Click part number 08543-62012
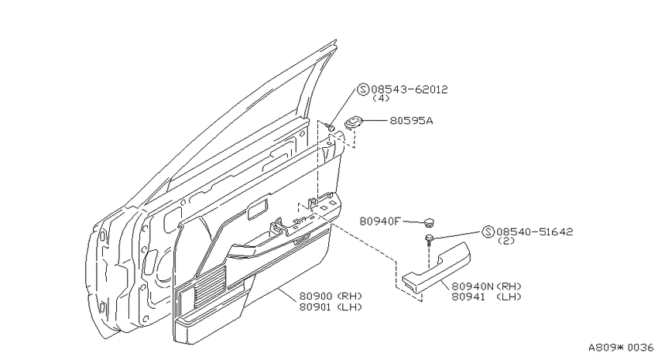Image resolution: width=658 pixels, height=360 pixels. pos(410,89)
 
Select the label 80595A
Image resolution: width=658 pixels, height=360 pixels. pos(411,121)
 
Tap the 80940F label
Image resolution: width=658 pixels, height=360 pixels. pos(380,221)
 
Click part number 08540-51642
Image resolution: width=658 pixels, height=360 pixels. pos(535,232)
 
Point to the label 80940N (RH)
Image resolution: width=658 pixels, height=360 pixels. pos(486,286)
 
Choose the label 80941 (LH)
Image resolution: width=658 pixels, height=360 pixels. pos(486,297)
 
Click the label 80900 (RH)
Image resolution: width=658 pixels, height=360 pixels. pos(331,297)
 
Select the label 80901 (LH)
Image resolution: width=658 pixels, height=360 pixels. pos(331,307)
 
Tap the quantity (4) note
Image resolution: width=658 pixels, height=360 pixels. pos(381,98)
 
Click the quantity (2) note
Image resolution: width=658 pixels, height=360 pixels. pos(506,241)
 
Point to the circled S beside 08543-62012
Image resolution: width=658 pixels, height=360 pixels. pos(363,89)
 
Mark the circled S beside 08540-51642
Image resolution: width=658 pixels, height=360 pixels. pos(488,232)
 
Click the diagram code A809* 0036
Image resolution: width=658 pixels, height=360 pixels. pos(621,348)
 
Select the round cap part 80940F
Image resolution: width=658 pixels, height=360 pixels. pos(428,222)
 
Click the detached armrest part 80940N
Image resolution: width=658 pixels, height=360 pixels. pos(437,267)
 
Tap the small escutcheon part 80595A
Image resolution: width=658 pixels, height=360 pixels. pos(353,122)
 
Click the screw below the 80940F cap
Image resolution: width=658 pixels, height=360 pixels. pos(429,238)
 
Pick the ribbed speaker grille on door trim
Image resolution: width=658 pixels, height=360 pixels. pos(210,286)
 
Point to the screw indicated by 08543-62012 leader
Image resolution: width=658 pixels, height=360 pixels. pos(331,127)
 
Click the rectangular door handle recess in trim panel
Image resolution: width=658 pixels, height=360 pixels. pos(257,208)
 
